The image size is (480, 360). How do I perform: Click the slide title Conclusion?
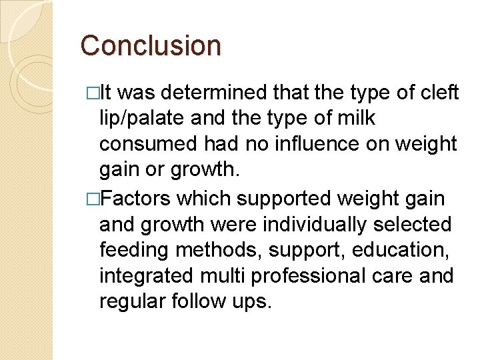pyautogui.click(x=151, y=46)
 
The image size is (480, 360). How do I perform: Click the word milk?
pyautogui.click(x=356, y=119)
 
